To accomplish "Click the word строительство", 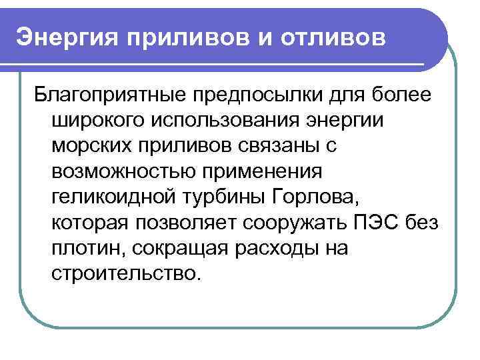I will click(x=124, y=273).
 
